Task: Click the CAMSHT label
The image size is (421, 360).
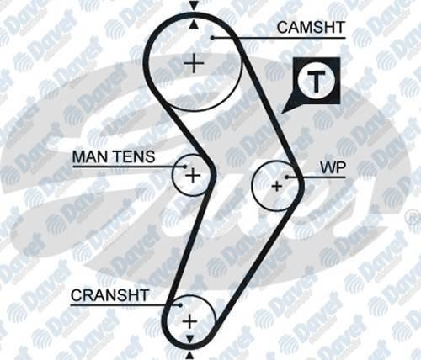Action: point(311,28)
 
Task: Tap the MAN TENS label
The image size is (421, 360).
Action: point(114,156)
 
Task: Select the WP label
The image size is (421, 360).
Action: point(333,167)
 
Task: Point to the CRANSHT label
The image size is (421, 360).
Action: point(109,295)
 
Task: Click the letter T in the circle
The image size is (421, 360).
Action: point(317,82)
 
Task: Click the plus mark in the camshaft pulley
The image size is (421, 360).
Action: point(194,63)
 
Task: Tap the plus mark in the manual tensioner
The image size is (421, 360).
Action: point(193,176)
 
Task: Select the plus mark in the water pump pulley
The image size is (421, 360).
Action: point(277,186)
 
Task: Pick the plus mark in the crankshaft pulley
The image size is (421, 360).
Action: point(190,321)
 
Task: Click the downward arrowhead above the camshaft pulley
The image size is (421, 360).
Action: point(194,6)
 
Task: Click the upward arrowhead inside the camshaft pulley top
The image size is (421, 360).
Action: point(194,24)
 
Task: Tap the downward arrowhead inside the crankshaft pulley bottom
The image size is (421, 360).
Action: point(190,339)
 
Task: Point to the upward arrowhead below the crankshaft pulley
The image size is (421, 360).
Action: point(190,356)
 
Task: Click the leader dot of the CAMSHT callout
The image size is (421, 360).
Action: point(212,38)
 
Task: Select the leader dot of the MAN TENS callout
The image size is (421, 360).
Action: point(184,167)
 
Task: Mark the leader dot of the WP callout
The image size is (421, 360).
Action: point(287,177)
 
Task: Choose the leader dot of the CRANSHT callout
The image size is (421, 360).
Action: point(180,305)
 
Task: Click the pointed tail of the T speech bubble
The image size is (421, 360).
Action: point(282,113)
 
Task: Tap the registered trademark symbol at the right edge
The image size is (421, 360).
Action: point(416,220)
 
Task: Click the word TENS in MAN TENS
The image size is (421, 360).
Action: point(135,156)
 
